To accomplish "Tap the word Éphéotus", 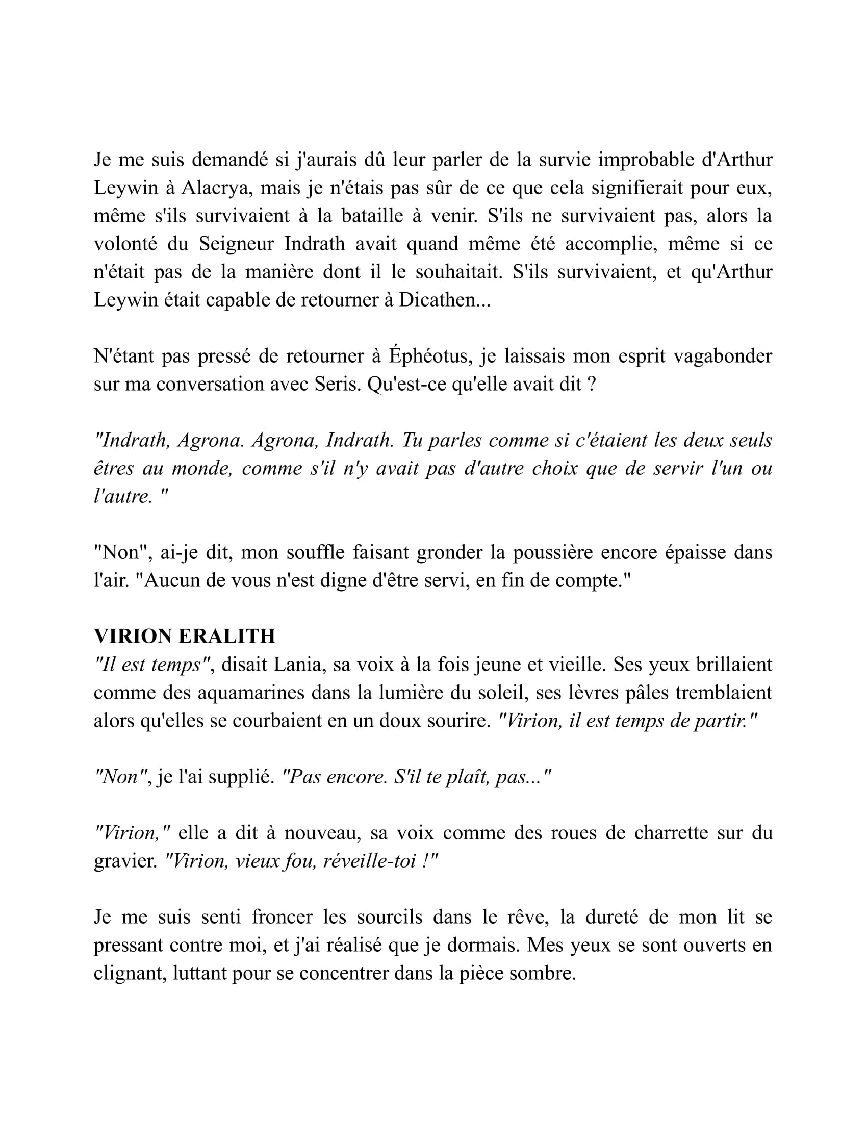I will coord(429,355).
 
